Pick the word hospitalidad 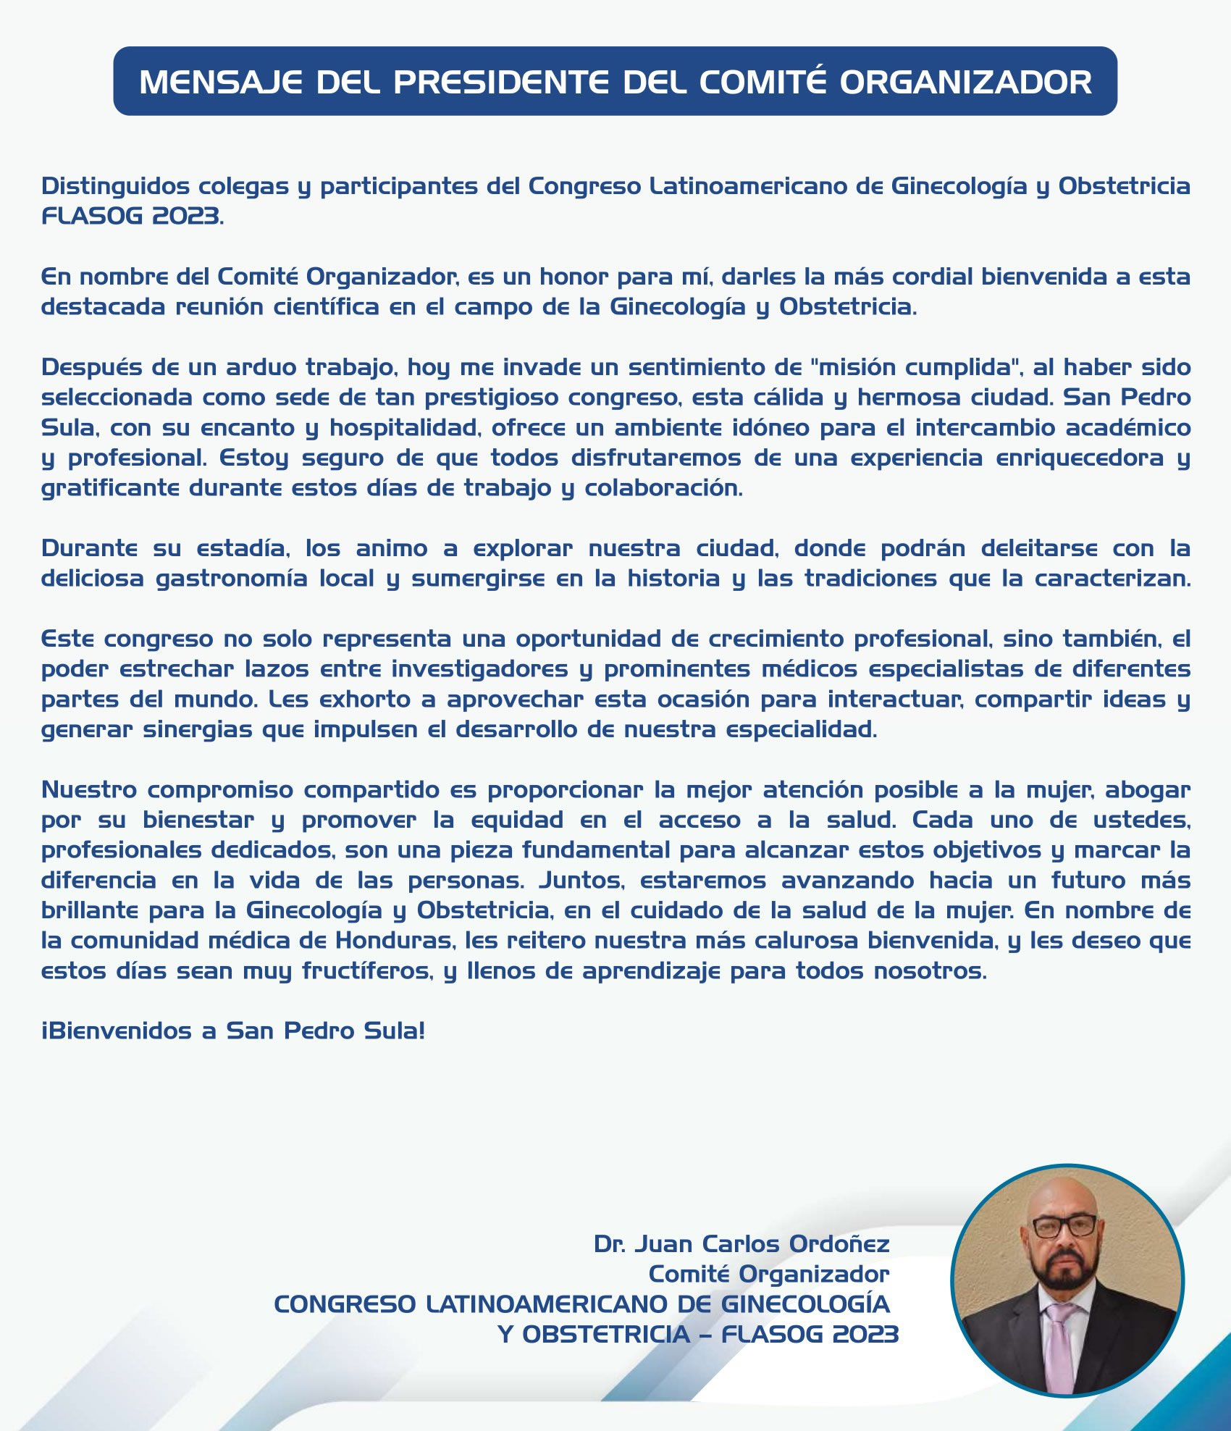click(405, 428)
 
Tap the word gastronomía click(232, 579)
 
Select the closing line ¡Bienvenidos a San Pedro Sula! click(233, 1031)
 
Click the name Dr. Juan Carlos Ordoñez click(741, 1244)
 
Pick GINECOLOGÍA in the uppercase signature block click(805, 1304)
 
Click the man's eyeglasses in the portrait click(1064, 1226)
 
